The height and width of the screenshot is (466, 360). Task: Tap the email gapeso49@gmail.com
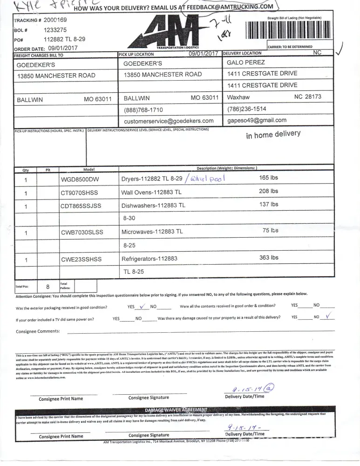257,120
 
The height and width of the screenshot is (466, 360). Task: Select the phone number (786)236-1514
247,109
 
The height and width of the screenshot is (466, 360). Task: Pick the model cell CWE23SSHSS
81,259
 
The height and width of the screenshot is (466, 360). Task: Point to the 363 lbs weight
269,258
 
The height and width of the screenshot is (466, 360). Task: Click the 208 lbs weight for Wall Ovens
268,191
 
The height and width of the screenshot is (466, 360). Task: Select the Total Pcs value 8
48,287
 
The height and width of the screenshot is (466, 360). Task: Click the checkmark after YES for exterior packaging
143,306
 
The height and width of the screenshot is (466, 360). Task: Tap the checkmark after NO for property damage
329,317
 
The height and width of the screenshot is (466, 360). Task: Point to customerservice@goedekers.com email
169,121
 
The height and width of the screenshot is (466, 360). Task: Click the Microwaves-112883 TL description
152,231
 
